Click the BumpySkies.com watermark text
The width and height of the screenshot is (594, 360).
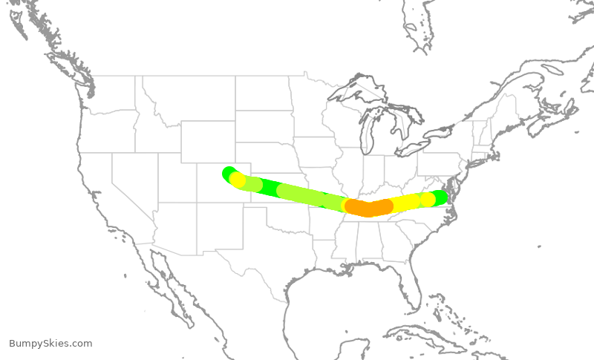pyautogui.click(x=50, y=344)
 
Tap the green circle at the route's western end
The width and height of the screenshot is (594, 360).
pyautogui.click(x=229, y=174)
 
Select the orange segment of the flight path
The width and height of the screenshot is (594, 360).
pyautogui.click(x=368, y=208)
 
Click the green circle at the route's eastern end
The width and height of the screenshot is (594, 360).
pyautogui.click(x=441, y=197)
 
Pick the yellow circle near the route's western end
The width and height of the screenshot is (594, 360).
pyautogui.click(x=238, y=180)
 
